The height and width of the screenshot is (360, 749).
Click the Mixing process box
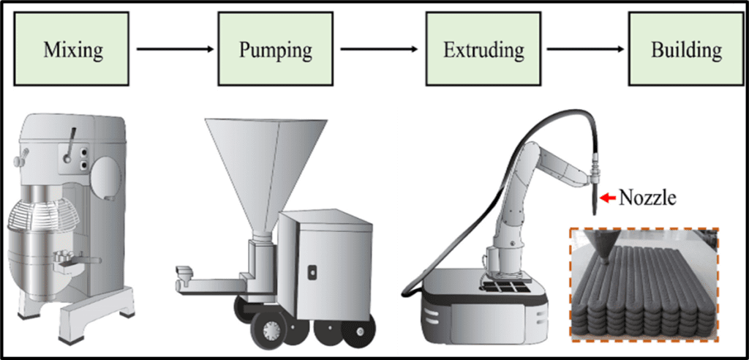click(x=73, y=50)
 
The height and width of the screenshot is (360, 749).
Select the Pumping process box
click(x=276, y=50)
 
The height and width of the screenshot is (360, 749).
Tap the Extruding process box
click(x=483, y=50)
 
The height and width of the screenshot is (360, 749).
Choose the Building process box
click(x=686, y=50)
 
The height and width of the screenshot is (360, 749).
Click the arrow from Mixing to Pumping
click(x=176, y=50)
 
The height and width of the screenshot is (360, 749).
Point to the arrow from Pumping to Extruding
click(x=380, y=50)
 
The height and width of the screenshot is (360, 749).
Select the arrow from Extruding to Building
click(x=586, y=50)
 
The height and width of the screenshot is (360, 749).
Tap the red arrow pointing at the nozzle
click(x=606, y=197)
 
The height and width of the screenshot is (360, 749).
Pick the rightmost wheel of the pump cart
click(x=358, y=332)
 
